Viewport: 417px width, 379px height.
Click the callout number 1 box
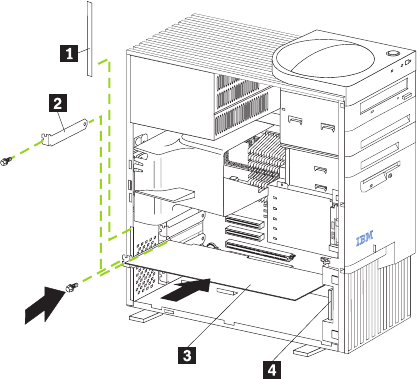pyautogui.click(x=69, y=53)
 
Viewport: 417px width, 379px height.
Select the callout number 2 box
pyautogui.click(x=58, y=103)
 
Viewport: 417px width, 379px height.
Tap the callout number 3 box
pyautogui.click(x=187, y=355)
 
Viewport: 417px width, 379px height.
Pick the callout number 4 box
pyautogui.click(x=272, y=370)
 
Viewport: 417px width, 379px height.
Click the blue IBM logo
pyautogui.click(x=365, y=238)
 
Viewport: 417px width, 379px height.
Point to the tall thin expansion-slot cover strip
pyautogui.click(x=89, y=39)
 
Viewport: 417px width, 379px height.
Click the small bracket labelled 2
pyautogui.click(x=65, y=133)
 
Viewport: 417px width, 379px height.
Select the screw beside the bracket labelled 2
pyautogui.click(x=7, y=161)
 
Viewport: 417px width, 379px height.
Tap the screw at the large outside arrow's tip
pyautogui.click(x=71, y=287)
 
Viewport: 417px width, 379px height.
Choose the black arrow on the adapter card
pyautogui.click(x=185, y=290)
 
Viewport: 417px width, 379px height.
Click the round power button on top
pyautogui.click(x=393, y=53)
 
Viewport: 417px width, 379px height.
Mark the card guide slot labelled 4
pyautogui.click(x=330, y=305)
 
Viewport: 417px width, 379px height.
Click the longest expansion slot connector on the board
pyautogui.click(x=260, y=250)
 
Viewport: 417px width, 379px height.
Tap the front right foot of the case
pyautogui.click(x=309, y=350)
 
